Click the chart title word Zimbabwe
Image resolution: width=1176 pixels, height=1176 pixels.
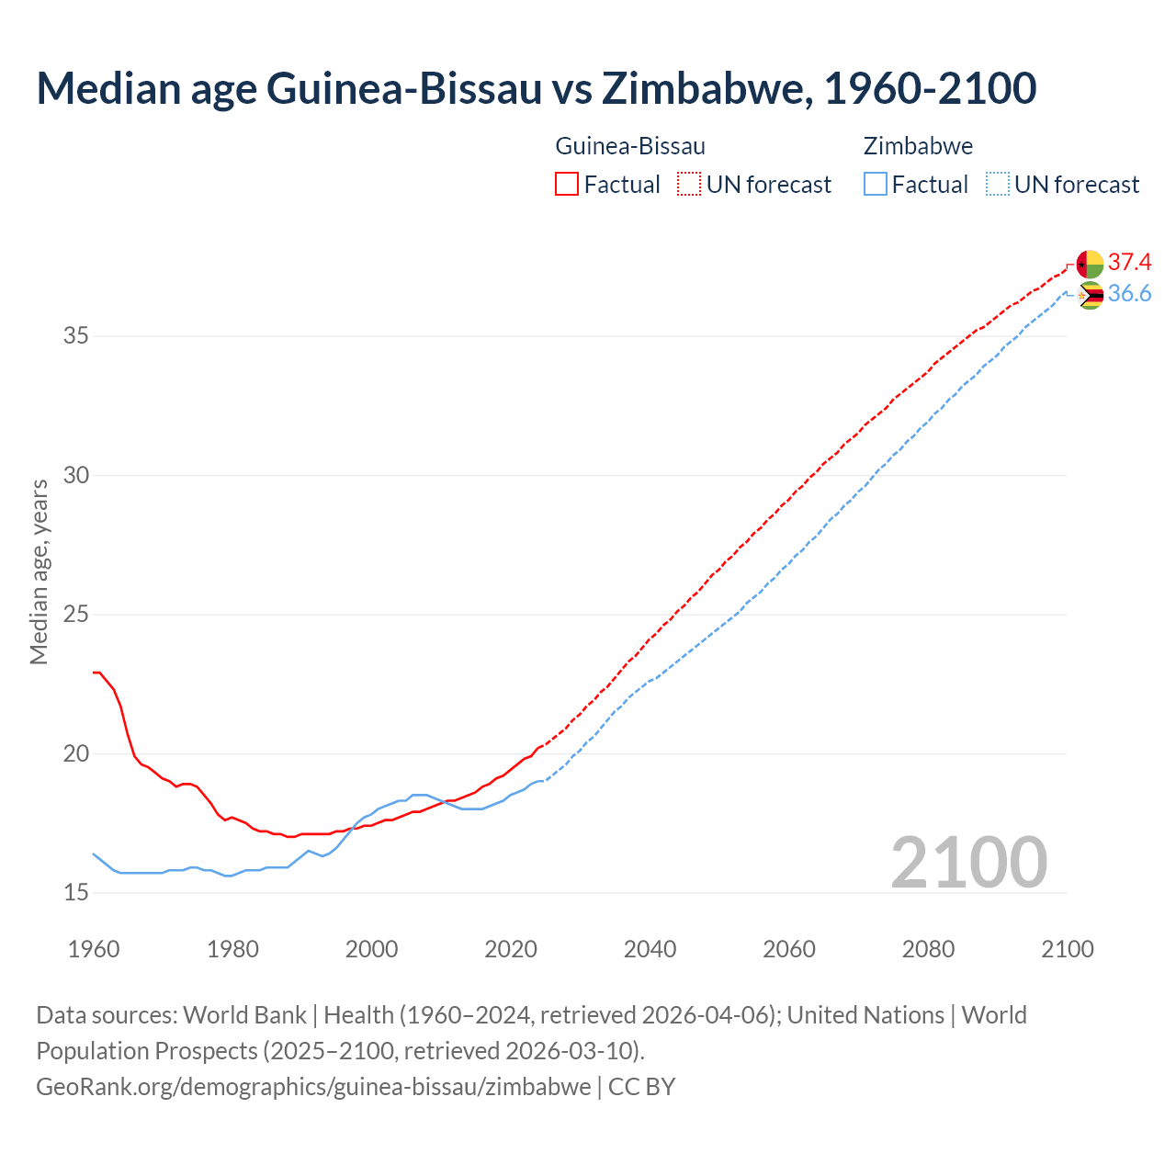coord(705,88)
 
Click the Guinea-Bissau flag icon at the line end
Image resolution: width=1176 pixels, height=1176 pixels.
coord(1090,264)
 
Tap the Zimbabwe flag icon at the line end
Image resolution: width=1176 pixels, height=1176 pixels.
coord(1090,295)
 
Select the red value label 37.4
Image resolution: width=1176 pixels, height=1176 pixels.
coord(1129,263)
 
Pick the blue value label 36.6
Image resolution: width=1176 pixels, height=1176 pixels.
coord(1129,294)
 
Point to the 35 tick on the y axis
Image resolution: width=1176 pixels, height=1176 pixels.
coord(76,336)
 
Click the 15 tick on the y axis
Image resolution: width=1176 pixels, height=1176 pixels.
coord(76,893)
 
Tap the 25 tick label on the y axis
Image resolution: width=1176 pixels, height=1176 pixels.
coord(76,615)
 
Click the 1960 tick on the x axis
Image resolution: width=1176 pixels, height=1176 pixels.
coord(94,949)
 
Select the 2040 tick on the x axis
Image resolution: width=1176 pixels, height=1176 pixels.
coord(650,949)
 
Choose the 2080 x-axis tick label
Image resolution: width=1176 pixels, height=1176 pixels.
coord(928,949)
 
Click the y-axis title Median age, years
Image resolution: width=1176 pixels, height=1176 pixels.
coord(39,571)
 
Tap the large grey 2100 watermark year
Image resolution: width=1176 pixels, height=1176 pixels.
coord(968,863)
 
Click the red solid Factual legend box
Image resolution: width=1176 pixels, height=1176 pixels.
coord(567,185)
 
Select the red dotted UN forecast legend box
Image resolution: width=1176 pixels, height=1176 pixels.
coord(689,185)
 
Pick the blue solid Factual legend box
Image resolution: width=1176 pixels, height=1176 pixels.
coord(876,185)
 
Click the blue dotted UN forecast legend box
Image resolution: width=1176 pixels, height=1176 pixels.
coord(997,185)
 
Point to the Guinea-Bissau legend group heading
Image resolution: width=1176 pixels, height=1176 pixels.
coord(630,146)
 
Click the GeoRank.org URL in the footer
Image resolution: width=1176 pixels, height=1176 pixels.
coord(313,1087)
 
